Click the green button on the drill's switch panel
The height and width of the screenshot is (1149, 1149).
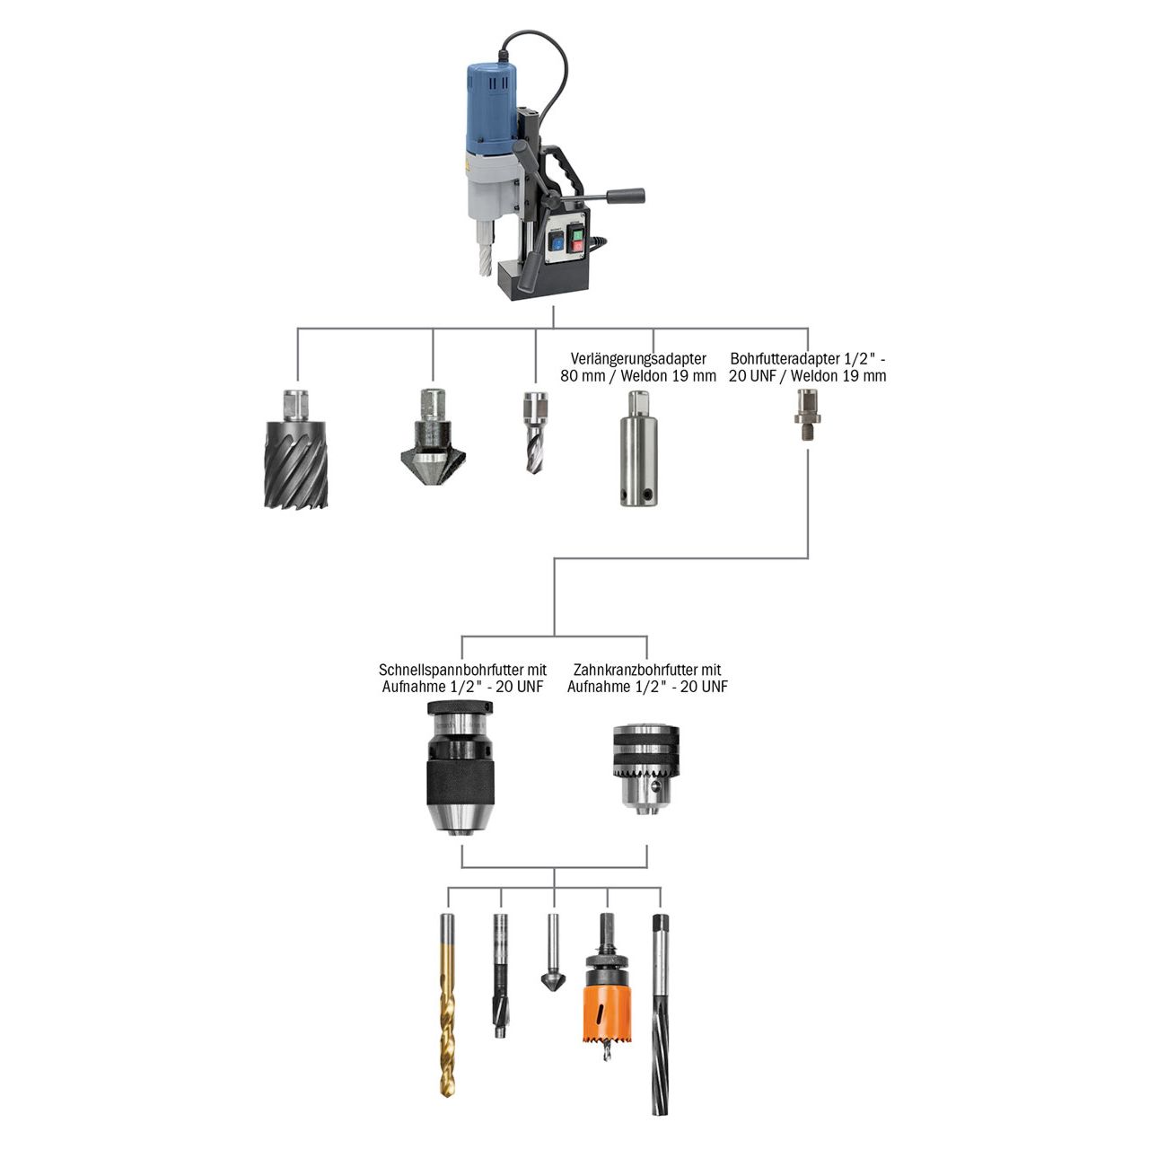[x=575, y=241]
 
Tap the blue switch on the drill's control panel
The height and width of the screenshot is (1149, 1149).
[x=557, y=240]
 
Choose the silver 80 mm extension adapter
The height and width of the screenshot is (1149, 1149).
[x=637, y=449]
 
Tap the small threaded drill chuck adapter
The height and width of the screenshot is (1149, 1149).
[x=807, y=414]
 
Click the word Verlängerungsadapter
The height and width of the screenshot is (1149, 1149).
[x=638, y=359]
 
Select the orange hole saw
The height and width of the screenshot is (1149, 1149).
[x=607, y=1004]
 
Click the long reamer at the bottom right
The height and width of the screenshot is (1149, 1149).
[x=661, y=1014]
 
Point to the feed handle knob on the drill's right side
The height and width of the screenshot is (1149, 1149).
[x=628, y=196]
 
